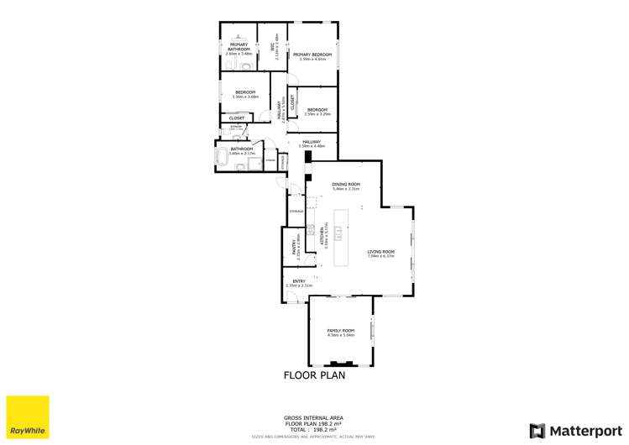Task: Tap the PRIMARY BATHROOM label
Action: click(x=239, y=47)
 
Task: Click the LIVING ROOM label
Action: click(x=380, y=252)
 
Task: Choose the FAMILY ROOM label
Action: click(x=341, y=331)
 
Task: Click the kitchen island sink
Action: click(x=340, y=234)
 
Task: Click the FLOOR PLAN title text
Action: click(x=313, y=376)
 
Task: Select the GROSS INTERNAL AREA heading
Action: click(x=313, y=417)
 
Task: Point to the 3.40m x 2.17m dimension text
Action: click(x=241, y=154)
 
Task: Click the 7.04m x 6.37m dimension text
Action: click(x=380, y=256)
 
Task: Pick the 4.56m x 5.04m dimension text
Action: click(x=341, y=335)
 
